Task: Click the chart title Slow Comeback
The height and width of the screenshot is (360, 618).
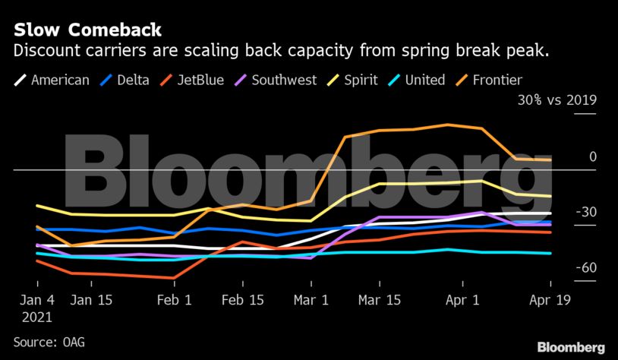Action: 87,30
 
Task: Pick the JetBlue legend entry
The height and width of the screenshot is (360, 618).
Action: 198,79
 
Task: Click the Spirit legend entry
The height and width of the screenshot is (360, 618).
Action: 362,79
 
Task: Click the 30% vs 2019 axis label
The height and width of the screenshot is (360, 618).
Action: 557,100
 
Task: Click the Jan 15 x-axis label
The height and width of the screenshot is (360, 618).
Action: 93,299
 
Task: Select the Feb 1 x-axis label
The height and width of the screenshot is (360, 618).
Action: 175,299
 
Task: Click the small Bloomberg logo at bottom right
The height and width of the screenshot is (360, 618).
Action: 571,347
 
